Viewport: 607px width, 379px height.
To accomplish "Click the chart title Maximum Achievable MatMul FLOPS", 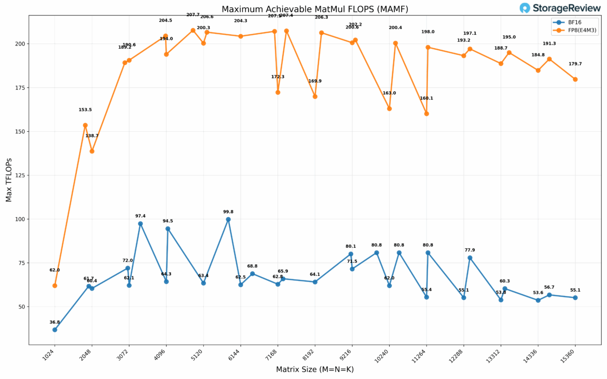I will pos(314,9).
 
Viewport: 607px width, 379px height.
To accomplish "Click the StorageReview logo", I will pos(560,8).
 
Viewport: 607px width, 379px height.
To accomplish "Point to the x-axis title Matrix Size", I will pos(314,370).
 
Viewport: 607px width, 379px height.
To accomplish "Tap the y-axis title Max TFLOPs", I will pos(9,179).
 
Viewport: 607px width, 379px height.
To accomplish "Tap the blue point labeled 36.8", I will pos(54,330).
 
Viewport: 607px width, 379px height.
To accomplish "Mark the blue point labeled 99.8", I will pos(228,219).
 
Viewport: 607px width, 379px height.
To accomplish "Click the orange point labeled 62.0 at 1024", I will pos(54,286).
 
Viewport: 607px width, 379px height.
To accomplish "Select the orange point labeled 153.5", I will pos(85,125).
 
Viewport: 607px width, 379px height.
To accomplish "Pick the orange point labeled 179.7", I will pos(575,79).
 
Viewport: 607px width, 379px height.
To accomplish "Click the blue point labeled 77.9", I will pos(470,258).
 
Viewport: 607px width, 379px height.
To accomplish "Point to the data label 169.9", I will pos(315,81).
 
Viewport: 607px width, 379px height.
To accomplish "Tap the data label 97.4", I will pos(140,216).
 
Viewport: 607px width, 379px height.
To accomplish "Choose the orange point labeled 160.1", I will pos(426,114).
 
